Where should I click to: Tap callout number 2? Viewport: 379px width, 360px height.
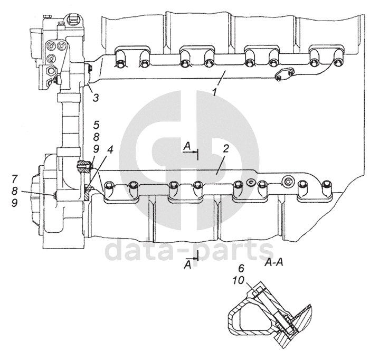click(225, 149)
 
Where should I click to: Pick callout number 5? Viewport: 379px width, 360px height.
click(96, 125)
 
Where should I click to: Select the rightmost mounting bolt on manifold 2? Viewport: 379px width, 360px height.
click(326, 186)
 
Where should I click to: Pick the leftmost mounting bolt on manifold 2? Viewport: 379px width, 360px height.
click(109, 186)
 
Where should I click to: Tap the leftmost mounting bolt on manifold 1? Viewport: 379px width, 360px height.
click(120, 65)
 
